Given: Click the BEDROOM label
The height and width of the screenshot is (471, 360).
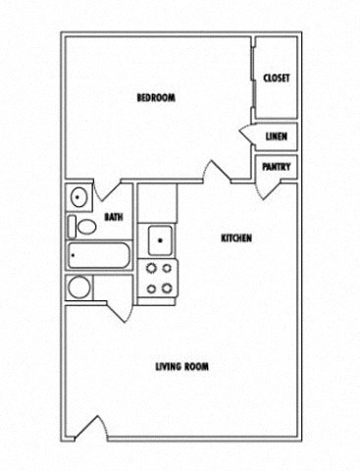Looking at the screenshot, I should coord(155,97).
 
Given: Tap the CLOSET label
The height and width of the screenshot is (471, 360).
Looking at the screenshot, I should coord(276,78).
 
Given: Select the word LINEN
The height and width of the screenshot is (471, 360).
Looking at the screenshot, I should coord(276,136).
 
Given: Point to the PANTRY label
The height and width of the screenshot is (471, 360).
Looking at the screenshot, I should coord(275,167).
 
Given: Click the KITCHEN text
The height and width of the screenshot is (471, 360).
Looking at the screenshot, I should coord(236,238).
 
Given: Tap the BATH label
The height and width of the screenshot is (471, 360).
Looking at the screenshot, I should coord(113,218).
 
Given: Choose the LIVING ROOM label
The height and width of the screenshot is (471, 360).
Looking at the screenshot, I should coord(181,367).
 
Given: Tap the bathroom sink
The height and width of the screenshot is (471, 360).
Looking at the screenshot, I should coord(77,196).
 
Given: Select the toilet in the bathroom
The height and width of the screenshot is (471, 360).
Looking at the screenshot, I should coord(84,227).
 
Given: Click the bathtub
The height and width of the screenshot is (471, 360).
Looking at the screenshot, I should coord(98,258).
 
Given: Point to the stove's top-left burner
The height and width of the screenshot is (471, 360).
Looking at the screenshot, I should coord(151,268).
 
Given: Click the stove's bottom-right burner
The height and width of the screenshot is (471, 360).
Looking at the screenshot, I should coord(167,287).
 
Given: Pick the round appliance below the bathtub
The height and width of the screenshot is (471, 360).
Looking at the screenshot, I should coord(78,288).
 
